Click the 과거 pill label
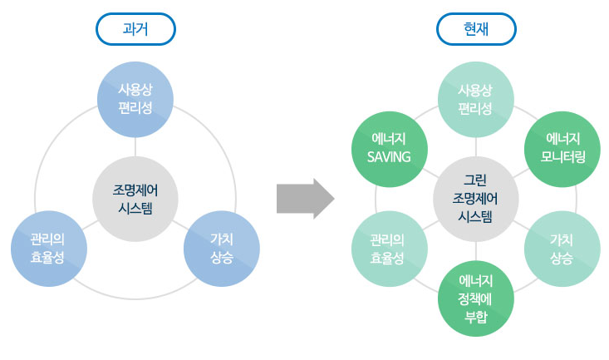pos(135,29)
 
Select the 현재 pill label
pos(476,29)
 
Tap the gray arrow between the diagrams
pos(305,199)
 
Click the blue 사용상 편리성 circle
pos(135,99)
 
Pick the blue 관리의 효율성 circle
pos(49,249)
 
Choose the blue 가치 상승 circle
pos(222,249)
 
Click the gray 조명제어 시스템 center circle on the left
pos(135,199)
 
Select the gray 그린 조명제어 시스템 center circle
pos(476,199)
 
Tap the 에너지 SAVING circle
pos(390,149)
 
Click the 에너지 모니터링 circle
pos(562,149)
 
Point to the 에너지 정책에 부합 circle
pos(476,298)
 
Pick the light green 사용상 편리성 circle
pos(476,99)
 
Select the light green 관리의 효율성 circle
pos(390,249)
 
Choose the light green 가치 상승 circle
pos(562,249)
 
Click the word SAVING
pos(389,157)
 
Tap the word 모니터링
pos(562,157)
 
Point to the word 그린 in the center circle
pos(475,180)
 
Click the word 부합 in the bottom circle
pos(476,317)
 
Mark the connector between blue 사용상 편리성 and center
pos(135,147)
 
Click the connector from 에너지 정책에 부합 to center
pos(476,251)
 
